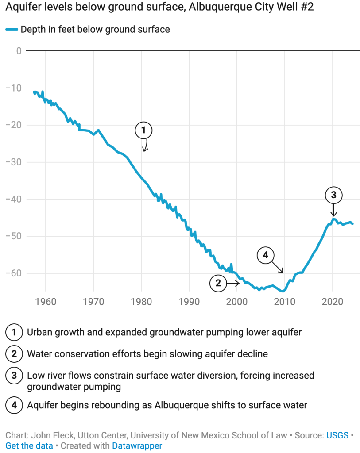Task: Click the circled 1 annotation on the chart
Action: (143, 130)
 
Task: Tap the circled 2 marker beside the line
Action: (218, 283)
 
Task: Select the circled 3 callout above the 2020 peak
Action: (333, 195)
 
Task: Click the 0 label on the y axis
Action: (19, 51)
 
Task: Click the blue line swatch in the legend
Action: (12, 30)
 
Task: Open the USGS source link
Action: (337, 435)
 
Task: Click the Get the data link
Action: (29, 445)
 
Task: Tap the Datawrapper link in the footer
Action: (137, 445)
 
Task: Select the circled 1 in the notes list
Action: (14, 332)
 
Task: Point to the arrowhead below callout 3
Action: (333, 215)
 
